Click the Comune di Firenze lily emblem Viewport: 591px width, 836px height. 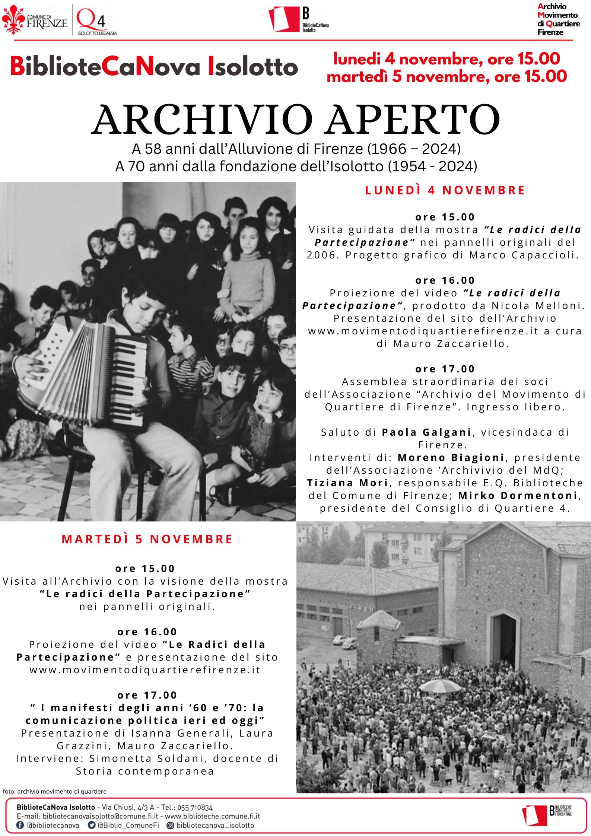pyautogui.click(x=13, y=19)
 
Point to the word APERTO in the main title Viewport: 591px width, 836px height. pyautogui.click(x=413, y=120)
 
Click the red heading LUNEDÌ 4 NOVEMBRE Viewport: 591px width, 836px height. pyautogui.click(x=445, y=190)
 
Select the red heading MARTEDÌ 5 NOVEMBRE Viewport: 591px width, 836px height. pyautogui.click(x=147, y=539)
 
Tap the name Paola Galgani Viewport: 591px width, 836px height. pyautogui.click(x=427, y=432)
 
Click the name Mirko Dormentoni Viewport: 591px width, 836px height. pyautogui.click(x=518, y=496)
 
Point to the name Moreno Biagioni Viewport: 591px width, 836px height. pyautogui.click(x=451, y=458)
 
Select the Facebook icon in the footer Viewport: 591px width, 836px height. pyautogui.click(x=20, y=825)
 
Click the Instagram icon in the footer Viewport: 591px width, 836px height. pyautogui.click(x=170, y=825)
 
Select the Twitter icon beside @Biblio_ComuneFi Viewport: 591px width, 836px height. pyautogui.click(x=91, y=825)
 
